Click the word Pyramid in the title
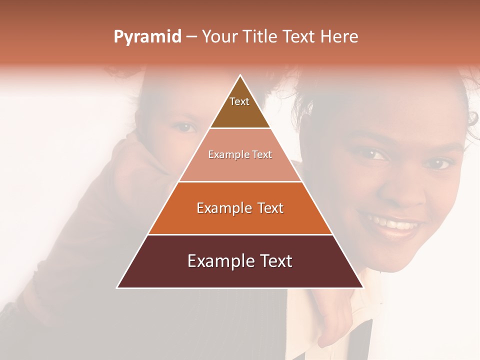147,36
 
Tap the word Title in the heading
259,36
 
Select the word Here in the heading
339,36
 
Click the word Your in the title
219,36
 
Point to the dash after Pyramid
191,37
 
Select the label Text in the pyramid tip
239,101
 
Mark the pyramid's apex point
240,75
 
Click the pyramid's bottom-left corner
117,287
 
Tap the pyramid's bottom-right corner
363,287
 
